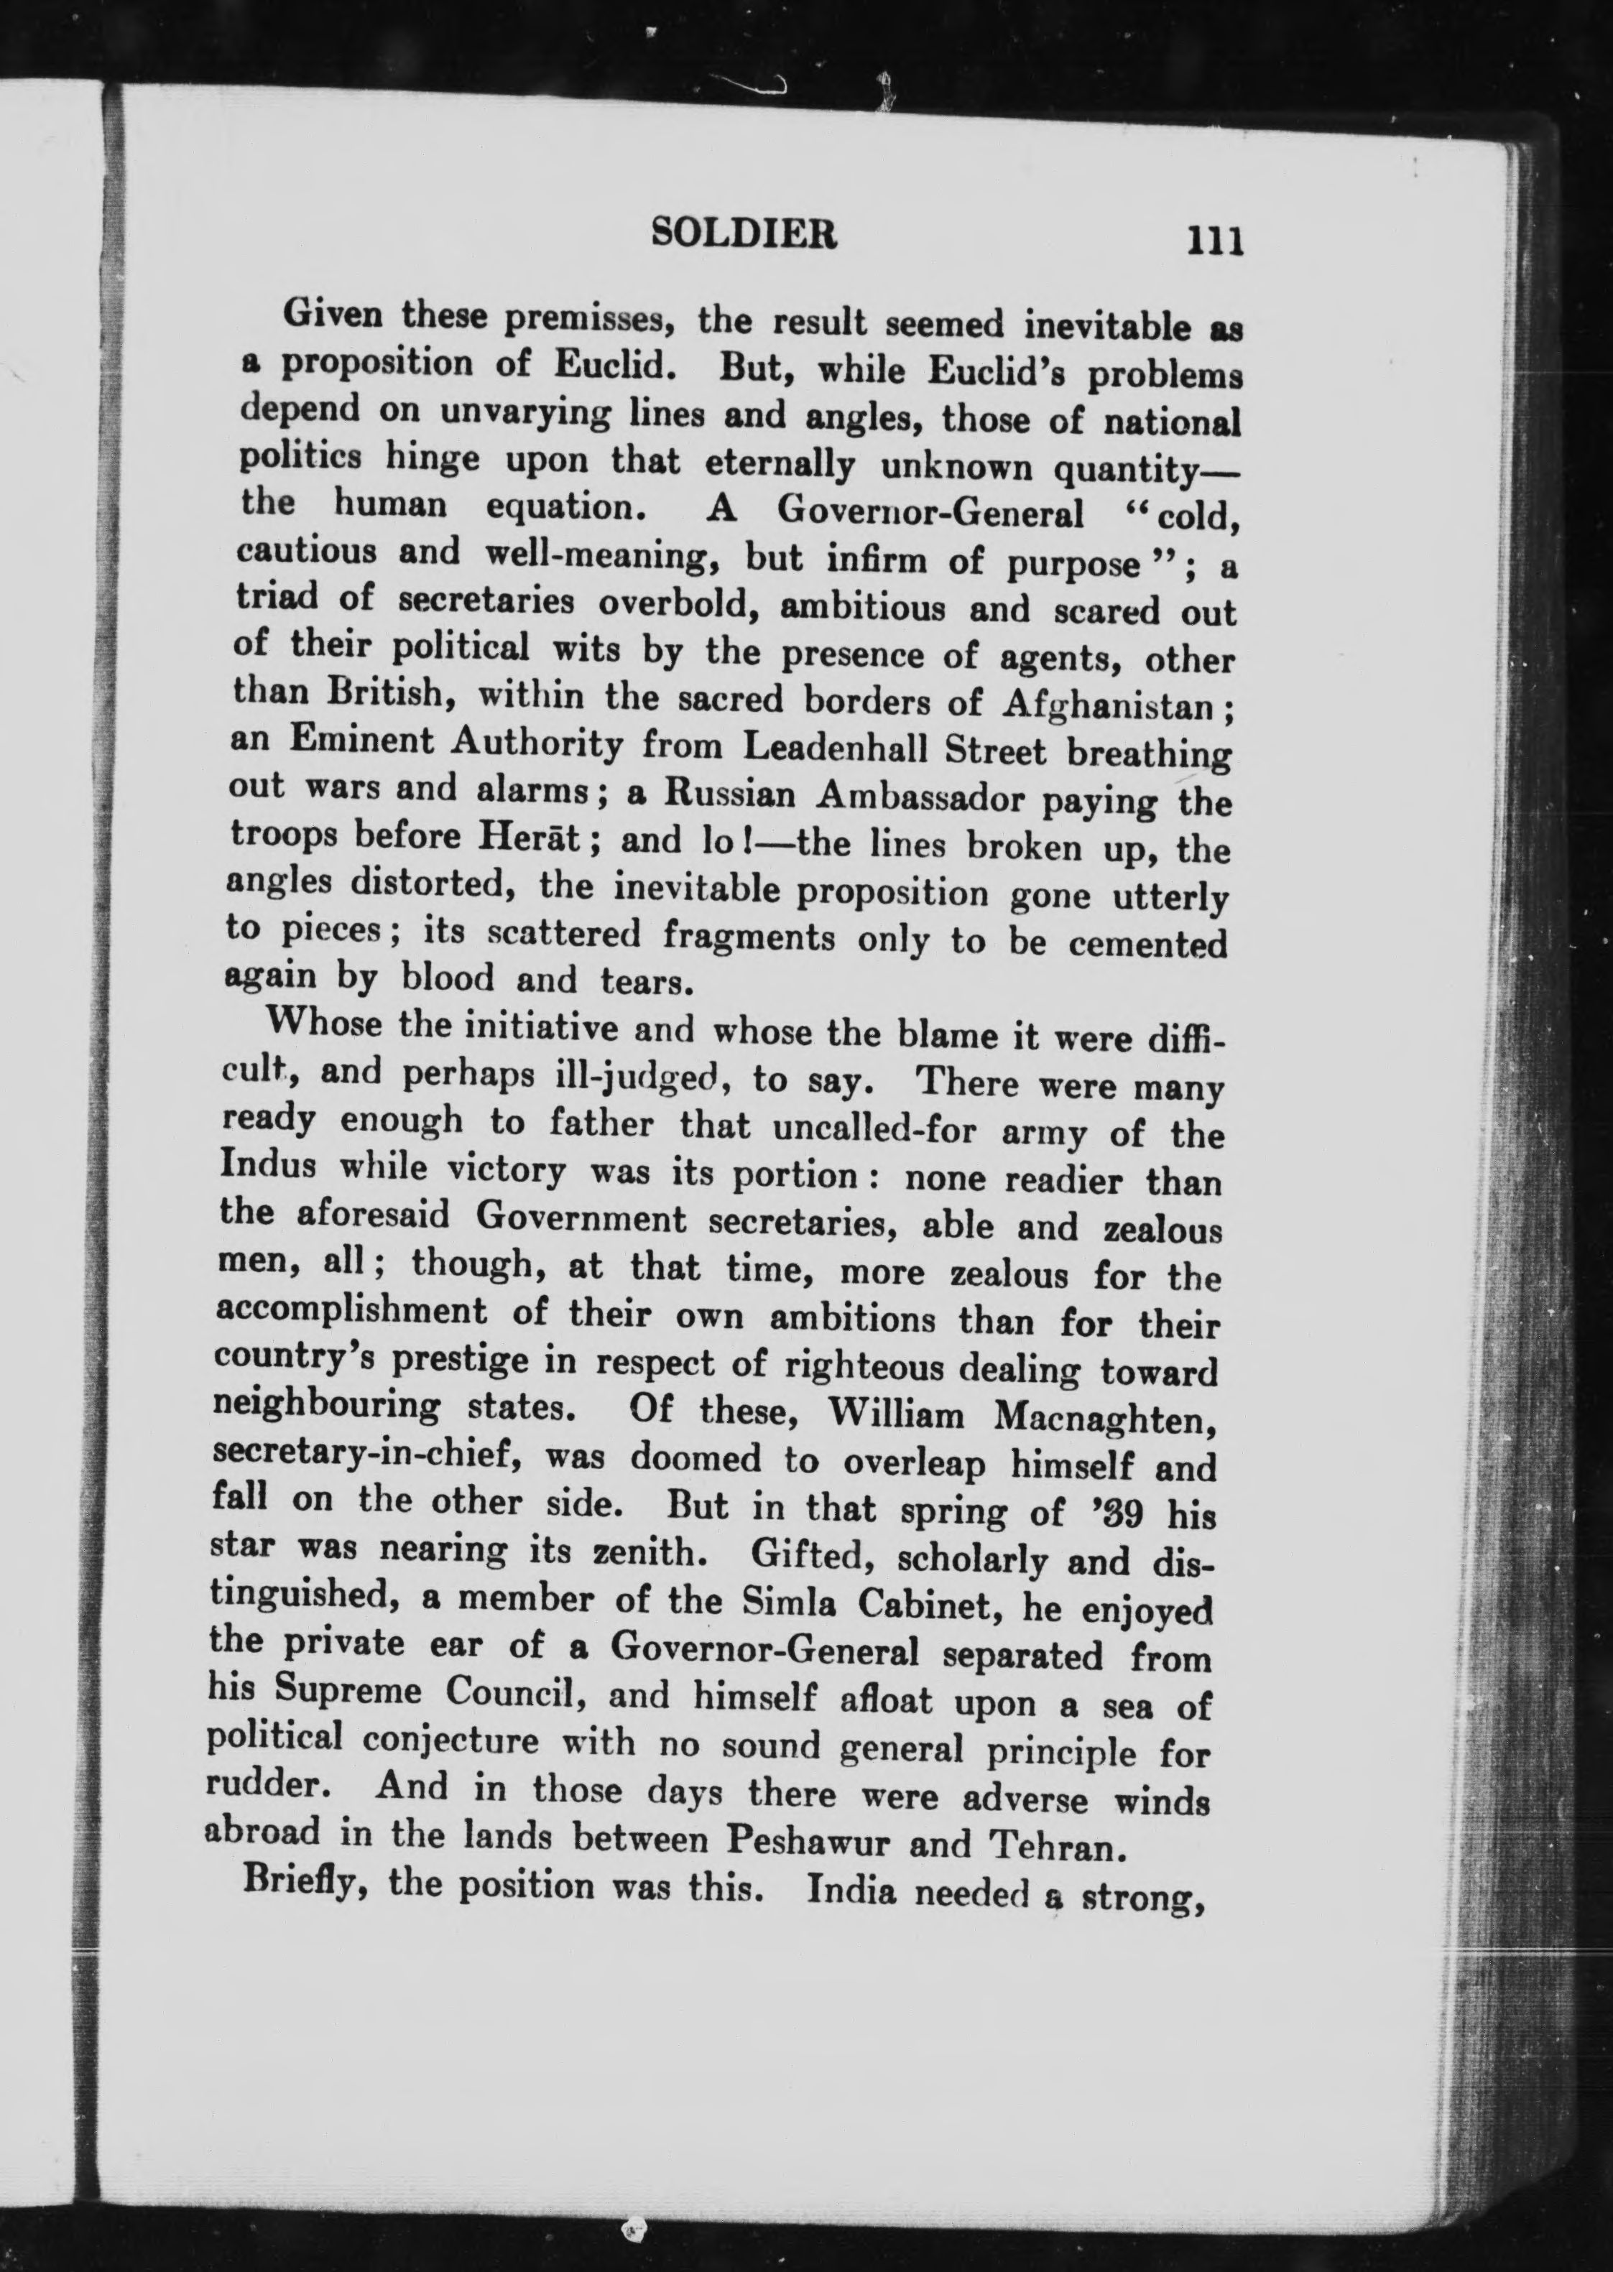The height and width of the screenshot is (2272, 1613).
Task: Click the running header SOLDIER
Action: click(743, 233)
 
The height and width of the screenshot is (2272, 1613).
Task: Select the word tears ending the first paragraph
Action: click(644, 981)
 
